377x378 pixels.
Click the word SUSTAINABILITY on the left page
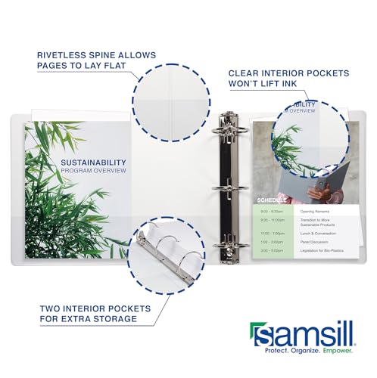coord(93,162)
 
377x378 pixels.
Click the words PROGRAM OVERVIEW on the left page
coord(93,171)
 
